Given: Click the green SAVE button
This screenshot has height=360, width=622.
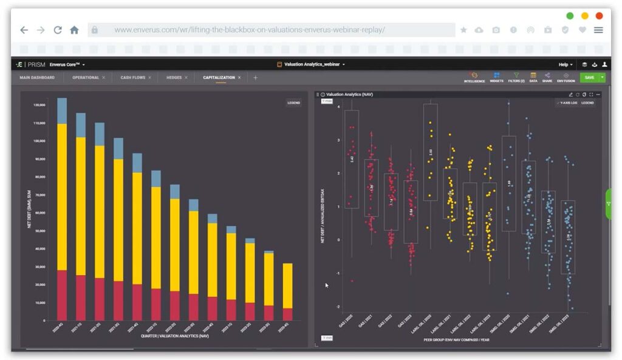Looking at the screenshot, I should tap(589, 78).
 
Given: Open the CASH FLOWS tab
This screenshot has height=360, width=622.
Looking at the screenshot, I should tap(131, 78).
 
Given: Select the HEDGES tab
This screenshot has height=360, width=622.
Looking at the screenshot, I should tap(174, 78).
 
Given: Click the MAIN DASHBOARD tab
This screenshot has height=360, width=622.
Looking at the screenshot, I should tap(37, 78).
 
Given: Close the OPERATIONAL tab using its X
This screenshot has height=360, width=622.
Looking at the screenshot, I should tap(103, 78).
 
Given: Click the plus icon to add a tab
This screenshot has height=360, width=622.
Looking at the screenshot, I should tap(255, 78).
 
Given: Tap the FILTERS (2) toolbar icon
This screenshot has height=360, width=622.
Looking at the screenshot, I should tap(516, 78).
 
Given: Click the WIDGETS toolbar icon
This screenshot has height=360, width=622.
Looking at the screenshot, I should tap(496, 78).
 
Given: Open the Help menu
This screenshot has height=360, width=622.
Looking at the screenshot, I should tap(565, 64).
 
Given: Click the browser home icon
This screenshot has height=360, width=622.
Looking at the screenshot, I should tap(74, 30).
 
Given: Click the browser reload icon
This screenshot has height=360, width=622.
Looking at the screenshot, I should tap(58, 30).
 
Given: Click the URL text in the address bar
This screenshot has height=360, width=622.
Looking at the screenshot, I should tap(249, 30).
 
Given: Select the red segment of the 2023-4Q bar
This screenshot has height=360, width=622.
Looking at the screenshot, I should tap(288, 314).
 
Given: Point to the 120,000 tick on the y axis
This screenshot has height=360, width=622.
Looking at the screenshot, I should tap(39, 105).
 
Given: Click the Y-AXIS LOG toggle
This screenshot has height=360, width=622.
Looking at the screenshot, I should tap(567, 103).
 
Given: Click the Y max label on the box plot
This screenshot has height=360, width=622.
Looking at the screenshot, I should tap(327, 101).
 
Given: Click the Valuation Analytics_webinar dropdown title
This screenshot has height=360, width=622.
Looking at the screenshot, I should tap(311, 64).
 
